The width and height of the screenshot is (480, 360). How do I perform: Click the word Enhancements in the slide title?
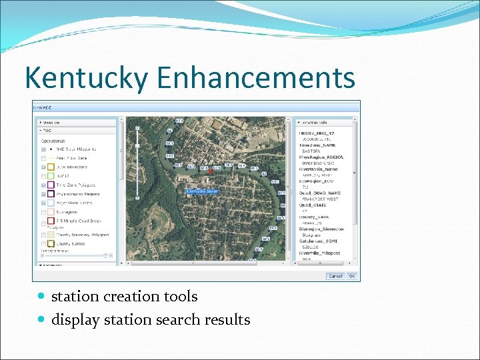(256, 78)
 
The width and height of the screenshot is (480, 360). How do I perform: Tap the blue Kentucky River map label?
(202, 191)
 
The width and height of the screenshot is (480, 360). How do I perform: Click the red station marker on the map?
(211, 172)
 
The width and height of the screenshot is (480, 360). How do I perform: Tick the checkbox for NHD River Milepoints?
(43, 149)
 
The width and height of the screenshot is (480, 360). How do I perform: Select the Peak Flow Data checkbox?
(43, 158)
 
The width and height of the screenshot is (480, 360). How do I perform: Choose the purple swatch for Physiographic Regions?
(51, 194)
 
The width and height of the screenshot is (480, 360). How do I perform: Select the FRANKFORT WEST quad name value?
(320, 199)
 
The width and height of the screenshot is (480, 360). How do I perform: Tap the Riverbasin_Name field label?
(319, 169)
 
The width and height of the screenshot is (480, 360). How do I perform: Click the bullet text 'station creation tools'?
(124, 296)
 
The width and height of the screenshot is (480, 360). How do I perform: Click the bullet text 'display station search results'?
(151, 320)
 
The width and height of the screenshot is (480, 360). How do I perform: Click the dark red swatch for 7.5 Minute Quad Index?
(51, 220)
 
